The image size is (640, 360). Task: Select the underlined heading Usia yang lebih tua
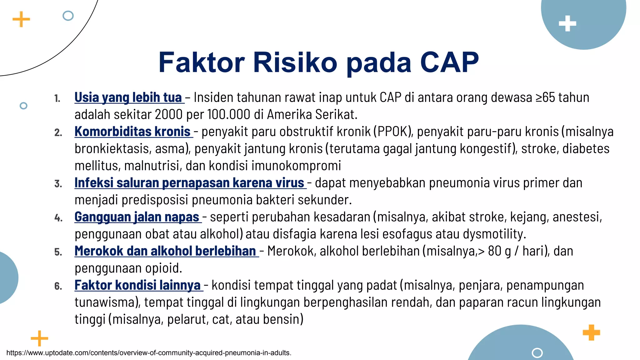(128, 97)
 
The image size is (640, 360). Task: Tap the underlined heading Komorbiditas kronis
(133, 132)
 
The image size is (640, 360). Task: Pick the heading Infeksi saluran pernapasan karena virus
(190, 183)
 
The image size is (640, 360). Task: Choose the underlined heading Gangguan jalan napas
(137, 217)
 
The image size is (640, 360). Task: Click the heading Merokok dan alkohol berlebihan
(166, 251)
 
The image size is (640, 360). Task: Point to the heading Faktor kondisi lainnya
(138, 285)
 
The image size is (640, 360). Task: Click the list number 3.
(58, 184)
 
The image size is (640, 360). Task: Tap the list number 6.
(58, 286)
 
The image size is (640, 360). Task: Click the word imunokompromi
(296, 166)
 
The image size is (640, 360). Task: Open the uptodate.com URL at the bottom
(149, 353)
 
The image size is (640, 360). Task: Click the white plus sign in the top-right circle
(567, 24)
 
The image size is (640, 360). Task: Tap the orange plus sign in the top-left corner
(21, 19)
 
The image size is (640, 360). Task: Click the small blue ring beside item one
(23, 106)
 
